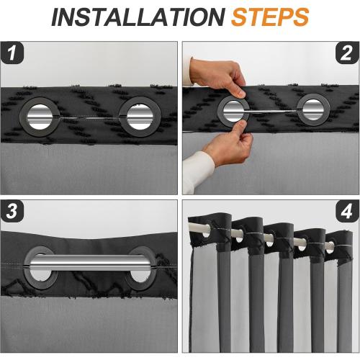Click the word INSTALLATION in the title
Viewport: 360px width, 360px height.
pyautogui.click(x=138, y=17)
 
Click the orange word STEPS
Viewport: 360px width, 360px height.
pyautogui.click(x=270, y=17)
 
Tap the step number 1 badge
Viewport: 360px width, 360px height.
pyautogui.click(x=12, y=53)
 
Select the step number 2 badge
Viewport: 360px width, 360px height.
pyautogui.click(x=347, y=53)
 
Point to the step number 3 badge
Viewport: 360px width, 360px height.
pyautogui.click(x=12, y=211)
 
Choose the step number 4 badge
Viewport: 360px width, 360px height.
pyautogui.click(x=347, y=211)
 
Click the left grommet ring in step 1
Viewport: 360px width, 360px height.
pyautogui.click(x=23, y=117)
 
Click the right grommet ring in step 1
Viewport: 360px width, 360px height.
pyautogui.click(x=123, y=117)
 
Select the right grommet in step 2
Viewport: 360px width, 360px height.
pyautogui.click(x=300, y=109)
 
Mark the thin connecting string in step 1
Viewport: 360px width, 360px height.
pyautogui.click(x=89, y=118)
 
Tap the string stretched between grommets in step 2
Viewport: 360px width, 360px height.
pyautogui.click(x=273, y=111)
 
